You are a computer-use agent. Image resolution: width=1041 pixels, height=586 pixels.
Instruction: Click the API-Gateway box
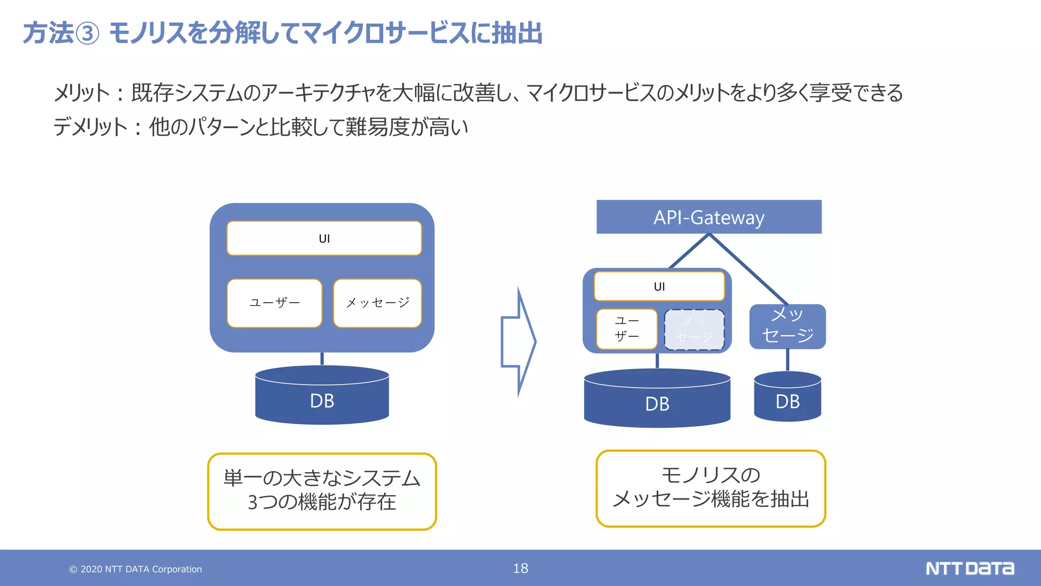(709, 217)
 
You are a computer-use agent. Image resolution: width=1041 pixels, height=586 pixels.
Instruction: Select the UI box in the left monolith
(324, 238)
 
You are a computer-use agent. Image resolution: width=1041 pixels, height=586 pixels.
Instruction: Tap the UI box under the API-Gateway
(659, 286)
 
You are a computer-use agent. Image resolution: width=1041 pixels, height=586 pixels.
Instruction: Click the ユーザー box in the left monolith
(274, 303)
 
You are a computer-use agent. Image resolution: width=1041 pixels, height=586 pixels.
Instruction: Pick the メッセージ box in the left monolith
(377, 303)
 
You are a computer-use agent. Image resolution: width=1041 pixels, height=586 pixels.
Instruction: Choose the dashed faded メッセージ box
(694, 330)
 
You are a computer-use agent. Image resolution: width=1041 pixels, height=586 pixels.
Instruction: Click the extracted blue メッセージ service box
(787, 326)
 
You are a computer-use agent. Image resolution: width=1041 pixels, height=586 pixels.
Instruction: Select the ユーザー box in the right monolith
(627, 329)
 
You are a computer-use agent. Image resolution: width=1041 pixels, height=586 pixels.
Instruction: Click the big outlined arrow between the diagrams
(518, 341)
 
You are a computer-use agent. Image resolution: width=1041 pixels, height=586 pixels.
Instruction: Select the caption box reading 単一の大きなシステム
(322, 491)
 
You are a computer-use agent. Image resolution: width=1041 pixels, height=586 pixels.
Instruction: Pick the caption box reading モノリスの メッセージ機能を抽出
(711, 488)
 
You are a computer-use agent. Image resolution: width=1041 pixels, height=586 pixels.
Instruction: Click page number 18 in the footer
(520, 568)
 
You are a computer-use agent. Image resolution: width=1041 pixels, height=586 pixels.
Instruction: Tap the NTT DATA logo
(969, 568)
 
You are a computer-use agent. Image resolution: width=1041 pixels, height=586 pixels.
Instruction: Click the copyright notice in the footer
(136, 569)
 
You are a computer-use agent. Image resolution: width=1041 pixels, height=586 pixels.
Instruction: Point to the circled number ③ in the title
(87, 34)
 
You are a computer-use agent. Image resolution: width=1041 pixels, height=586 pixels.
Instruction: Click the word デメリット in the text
(90, 127)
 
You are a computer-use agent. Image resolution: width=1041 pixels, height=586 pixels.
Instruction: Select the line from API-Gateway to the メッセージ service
(749, 269)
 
